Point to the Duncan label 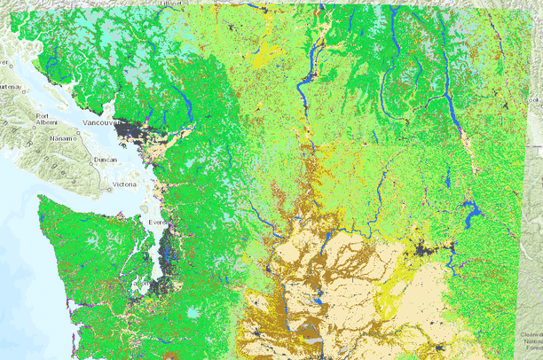pos(104,160)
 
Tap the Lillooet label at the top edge pos(170,4)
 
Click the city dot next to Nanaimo pos(73,137)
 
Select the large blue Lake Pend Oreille pos(471,213)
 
